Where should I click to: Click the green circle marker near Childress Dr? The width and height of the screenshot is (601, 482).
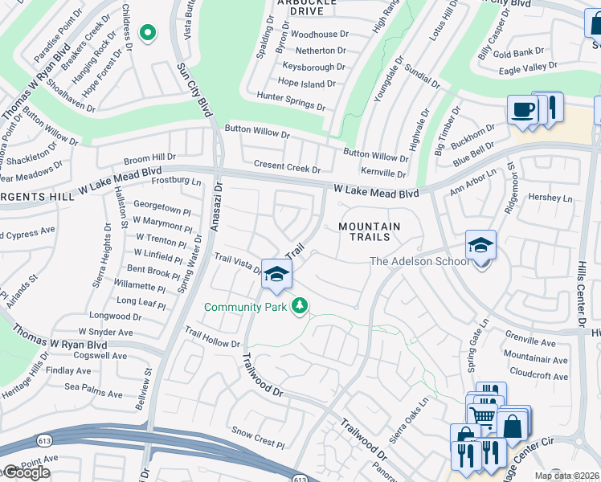tap(147, 33)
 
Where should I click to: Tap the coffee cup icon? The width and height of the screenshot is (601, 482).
tap(522, 110)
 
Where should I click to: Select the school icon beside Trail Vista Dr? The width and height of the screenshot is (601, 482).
tap(276, 275)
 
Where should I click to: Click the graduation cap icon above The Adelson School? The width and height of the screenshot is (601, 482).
tap(480, 244)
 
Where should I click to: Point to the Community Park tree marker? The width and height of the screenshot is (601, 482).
tap(300, 306)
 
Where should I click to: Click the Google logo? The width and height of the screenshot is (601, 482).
tap(26, 472)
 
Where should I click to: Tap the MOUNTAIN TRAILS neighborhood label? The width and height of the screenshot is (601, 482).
tap(369, 231)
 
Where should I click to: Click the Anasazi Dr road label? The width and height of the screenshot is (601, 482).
tap(215, 206)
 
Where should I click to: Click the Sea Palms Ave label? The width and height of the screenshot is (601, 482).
tap(93, 394)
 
